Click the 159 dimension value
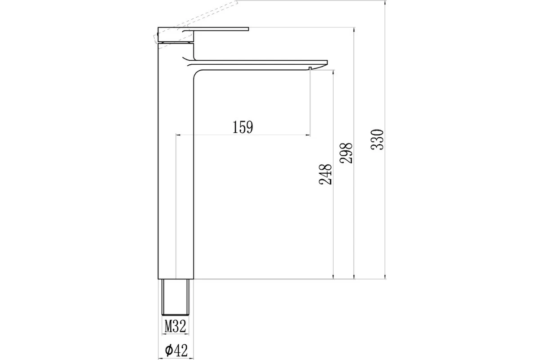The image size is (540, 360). coord(243,127)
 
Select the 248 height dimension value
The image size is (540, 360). coord(325,174)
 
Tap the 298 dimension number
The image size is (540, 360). coord(346,153)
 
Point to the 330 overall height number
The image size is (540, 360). coord(377,139)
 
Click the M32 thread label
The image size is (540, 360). coord(175,326)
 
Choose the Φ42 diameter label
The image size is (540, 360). coord(176,351)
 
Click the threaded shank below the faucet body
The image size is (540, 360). coord(176,297)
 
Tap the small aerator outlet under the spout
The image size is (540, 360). coord(310,68)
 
